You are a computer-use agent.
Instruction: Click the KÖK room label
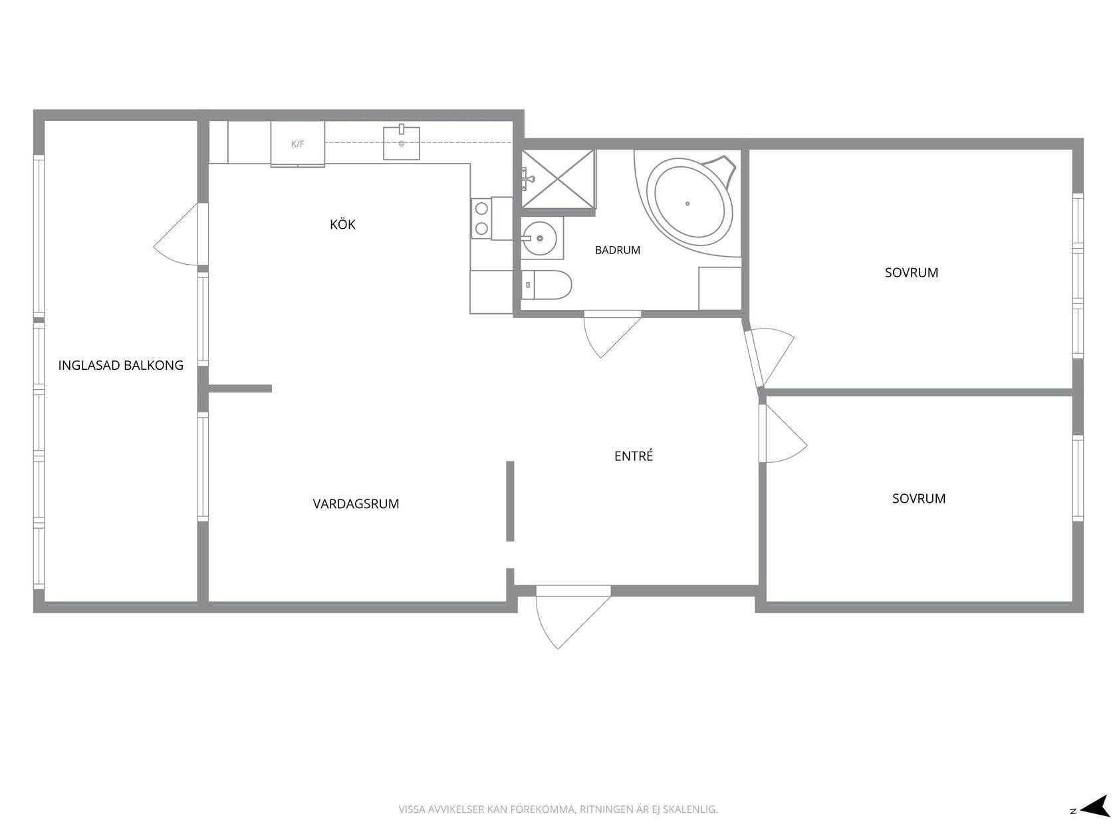point(342,224)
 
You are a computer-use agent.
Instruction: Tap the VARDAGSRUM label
point(356,503)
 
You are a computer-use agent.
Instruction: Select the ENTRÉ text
point(633,456)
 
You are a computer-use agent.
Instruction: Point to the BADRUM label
point(617,250)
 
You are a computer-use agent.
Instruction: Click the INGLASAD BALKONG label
point(120,365)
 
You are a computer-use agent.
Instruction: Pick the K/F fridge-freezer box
point(298,144)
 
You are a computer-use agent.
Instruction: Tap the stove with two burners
point(481,218)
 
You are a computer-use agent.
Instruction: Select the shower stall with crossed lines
point(558,179)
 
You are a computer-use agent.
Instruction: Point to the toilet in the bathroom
point(547,285)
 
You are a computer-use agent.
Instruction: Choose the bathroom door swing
point(610,334)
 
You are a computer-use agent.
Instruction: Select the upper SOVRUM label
point(912,273)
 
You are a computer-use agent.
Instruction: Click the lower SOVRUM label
point(919,499)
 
